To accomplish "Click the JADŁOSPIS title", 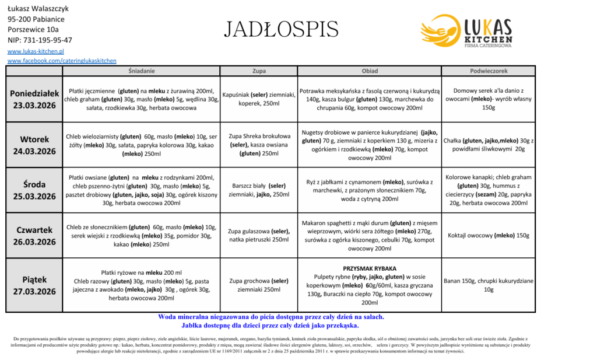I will (x=281, y=29).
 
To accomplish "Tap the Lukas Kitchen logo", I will (x=466, y=32).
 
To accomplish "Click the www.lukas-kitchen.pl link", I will (x=36, y=51).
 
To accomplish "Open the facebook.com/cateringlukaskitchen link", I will (x=62, y=61).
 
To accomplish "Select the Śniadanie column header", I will (x=141, y=71).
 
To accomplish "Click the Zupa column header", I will (x=259, y=71).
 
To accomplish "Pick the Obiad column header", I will (x=370, y=71).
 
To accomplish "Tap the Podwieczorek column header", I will (x=489, y=71).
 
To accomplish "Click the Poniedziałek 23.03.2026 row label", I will (x=34, y=100).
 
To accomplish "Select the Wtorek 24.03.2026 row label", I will (x=34, y=145).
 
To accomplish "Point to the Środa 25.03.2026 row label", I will (x=34, y=191).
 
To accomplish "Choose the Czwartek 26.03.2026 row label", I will (x=34, y=236).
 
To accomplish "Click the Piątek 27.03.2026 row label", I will (x=34, y=286).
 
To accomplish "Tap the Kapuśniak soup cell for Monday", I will (x=259, y=99).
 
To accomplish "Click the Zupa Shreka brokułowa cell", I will (x=259, y=145).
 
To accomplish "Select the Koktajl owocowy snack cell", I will (x=489, y=236).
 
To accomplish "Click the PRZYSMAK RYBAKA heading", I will (x=370, y=268).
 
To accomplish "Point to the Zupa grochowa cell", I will (x=259, y=285).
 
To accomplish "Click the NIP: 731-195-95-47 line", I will (x=40, y=40).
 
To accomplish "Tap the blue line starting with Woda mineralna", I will (x=271, y=317).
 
